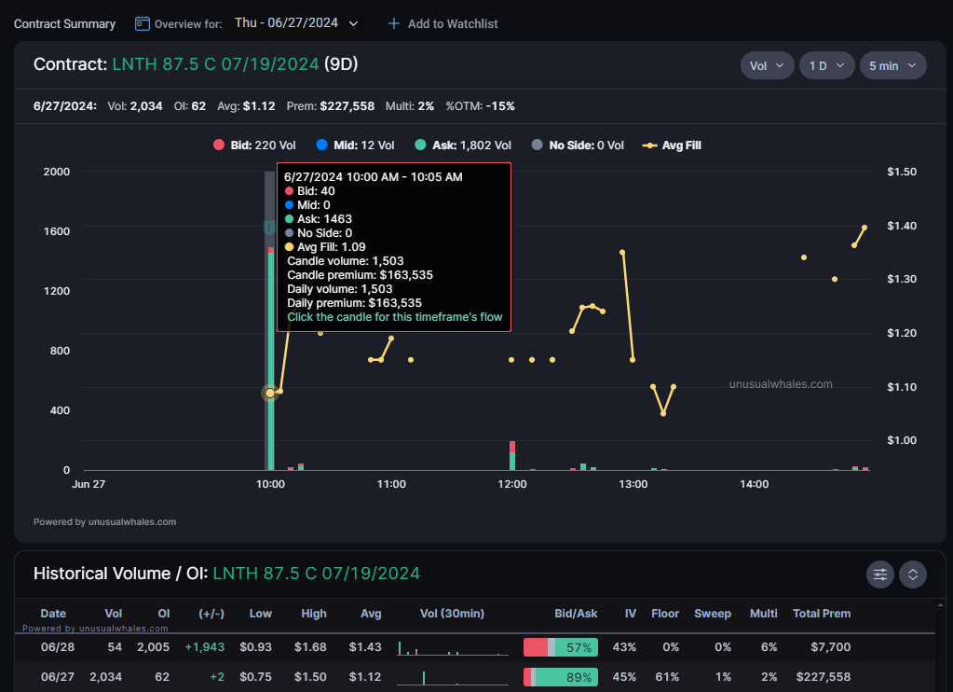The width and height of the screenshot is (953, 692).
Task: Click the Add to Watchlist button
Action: tap(442, 23)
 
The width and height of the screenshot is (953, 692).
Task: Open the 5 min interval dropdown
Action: tap(892, 65)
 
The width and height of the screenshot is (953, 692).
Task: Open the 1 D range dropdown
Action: tap(826, 65)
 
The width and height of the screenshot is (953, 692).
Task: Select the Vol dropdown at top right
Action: tap(767, 65)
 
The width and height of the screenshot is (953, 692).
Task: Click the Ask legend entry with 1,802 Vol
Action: tap(462, 145)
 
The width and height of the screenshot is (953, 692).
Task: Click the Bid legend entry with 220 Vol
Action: tap(254, 145)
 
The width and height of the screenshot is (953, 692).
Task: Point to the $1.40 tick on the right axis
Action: tap(902, 226)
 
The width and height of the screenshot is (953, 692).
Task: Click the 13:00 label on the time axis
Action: tap(633, 484)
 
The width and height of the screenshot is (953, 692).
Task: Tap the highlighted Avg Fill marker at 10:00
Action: tap(270, 394)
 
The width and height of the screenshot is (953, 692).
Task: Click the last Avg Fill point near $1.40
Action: tap(865, 228)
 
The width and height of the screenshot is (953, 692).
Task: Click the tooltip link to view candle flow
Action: tap(394, 317)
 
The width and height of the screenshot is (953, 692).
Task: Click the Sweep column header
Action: tap(712, 614)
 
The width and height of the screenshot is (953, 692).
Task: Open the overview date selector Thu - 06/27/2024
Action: tap(296, 23)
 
